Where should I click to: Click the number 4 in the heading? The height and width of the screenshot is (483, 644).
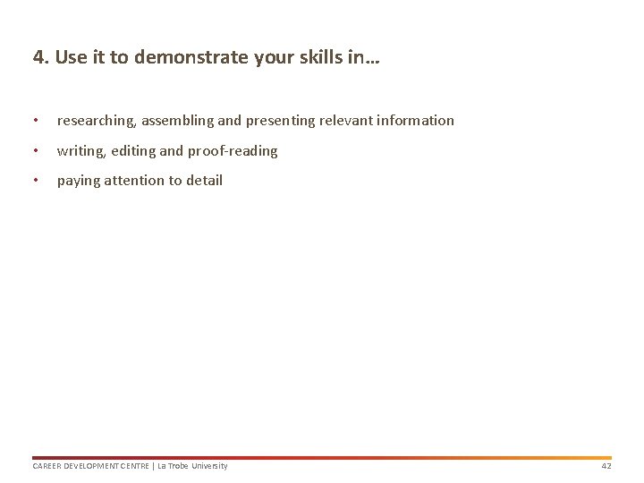[x=38, y=58]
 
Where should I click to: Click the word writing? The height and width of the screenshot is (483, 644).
[x=80, y=151]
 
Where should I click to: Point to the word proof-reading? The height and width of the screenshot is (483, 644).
[x=233, y=151]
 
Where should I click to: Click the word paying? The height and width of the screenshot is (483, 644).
[x=79, y=181]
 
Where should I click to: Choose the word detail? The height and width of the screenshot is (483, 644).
[x=204, y=181]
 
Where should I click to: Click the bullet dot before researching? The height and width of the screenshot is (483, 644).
[x=35, y=121]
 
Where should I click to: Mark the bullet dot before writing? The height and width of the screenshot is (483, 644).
[x=35, y=151]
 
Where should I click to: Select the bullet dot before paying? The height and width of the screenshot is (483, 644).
[x=35, y=181]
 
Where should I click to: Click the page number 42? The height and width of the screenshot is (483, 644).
[x=606, y=466]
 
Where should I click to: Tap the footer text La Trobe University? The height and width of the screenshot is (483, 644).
[x=192, y=466]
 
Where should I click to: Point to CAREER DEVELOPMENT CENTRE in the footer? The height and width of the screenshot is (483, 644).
[x=90, y=466]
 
